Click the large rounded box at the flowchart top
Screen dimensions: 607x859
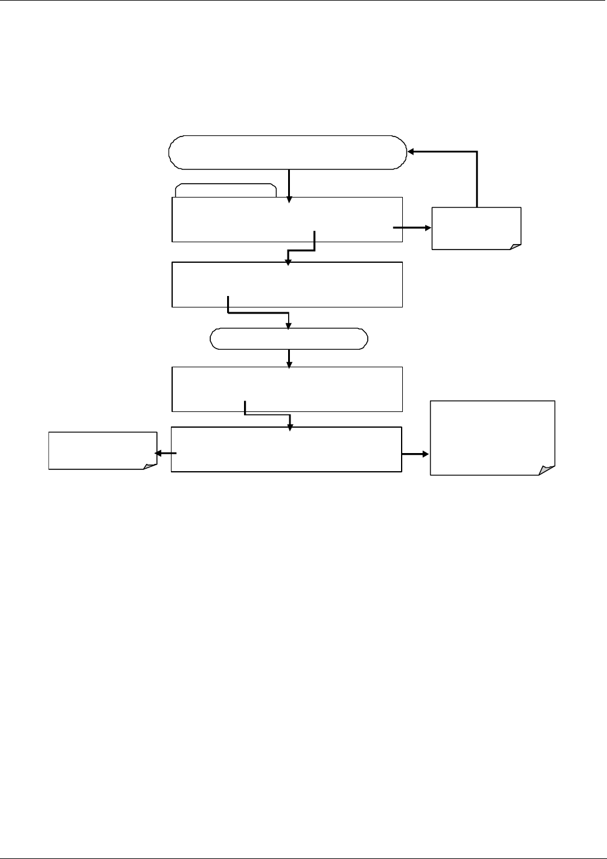point(287,152)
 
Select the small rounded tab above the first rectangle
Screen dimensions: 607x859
point(225,190)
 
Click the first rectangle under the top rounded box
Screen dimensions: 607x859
point(287,219)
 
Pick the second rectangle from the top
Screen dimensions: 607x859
point(287,285)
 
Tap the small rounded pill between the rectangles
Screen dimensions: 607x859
point(289,339)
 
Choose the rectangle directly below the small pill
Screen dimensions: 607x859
point(287,388)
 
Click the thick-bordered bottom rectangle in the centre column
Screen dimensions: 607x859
point(286,449)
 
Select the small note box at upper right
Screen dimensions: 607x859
point(476,228)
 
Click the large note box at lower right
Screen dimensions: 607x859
point(492,437)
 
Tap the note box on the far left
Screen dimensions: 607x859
point(102,450)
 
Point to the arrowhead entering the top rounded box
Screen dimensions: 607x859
point(411,152)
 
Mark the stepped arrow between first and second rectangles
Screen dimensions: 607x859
point(302,248)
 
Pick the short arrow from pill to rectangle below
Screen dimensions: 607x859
point(290,358)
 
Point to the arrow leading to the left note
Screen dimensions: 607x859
point(165,452)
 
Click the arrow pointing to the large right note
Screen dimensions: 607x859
point(416,452)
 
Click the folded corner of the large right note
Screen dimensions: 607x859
point(547,470)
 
